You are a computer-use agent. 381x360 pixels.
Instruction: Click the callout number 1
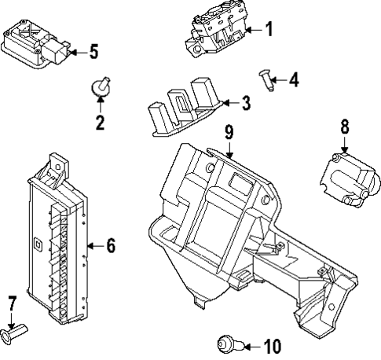pos(268,31)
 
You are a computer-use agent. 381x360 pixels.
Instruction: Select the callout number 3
pos(246,102)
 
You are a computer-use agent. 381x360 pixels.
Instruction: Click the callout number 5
pos(93,53)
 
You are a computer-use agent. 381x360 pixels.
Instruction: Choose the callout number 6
pos(110,246)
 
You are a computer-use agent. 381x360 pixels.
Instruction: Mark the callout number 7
pos(11,302)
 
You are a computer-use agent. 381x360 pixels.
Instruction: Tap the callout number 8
pos(344,127)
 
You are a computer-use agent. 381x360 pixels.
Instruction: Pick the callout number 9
pos(229,133)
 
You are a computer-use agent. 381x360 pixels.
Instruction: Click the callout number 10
pos(271,345)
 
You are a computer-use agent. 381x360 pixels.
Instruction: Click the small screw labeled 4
pos(266,79)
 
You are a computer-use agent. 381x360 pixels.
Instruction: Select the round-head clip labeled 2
pos(101,88)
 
